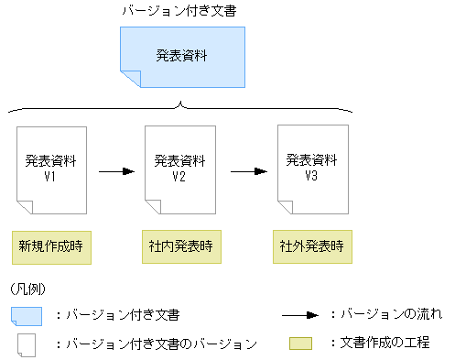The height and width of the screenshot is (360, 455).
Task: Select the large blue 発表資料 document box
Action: pyautogui.click(x=182, y=58)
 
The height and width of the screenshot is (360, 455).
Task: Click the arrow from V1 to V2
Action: pyautogui.click(x=116, y=170)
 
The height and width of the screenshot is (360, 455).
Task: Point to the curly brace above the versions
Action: pyautogui.click(x=181, y=107)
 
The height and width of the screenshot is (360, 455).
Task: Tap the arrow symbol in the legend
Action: pyautogui.click(x=299, y=315)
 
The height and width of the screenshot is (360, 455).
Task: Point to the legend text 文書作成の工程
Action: pyautogui.click(x=385, y=344)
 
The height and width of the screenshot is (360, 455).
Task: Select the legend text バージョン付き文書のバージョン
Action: pyautogui.click(x=156, y=344)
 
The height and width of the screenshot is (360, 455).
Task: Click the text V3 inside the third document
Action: pyautogui.click(x=312, y=174)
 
